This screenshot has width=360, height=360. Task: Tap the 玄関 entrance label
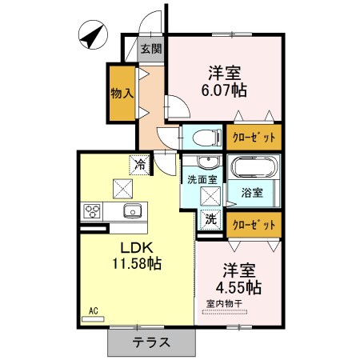coord(151,49)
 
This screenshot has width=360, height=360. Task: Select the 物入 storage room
coord(122,94)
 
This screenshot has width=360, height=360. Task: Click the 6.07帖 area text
coord(224,90)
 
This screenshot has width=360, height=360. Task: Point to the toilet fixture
coord(207,138)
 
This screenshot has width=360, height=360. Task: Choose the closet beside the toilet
coord(254,138)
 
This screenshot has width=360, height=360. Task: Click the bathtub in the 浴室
coord(254,167)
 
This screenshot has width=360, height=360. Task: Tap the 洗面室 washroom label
coord(202,180)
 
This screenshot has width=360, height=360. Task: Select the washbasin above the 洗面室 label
coord(209,162)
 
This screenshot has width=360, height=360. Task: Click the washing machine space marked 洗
coord(210,219)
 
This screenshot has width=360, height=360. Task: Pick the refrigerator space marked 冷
coord(139,165)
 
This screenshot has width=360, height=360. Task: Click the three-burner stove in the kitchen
coord(92,211)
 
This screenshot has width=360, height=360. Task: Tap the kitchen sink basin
coord(133,210)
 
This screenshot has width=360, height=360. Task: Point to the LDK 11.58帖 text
coord(137,256)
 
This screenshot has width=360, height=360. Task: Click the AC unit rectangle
coord(93,319)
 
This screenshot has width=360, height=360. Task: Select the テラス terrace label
coord(151,342)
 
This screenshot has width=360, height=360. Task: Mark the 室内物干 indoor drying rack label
coord(225,303)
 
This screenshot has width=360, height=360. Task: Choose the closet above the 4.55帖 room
coord(254,225)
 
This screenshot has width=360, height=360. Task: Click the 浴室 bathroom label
coord(252,193)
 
